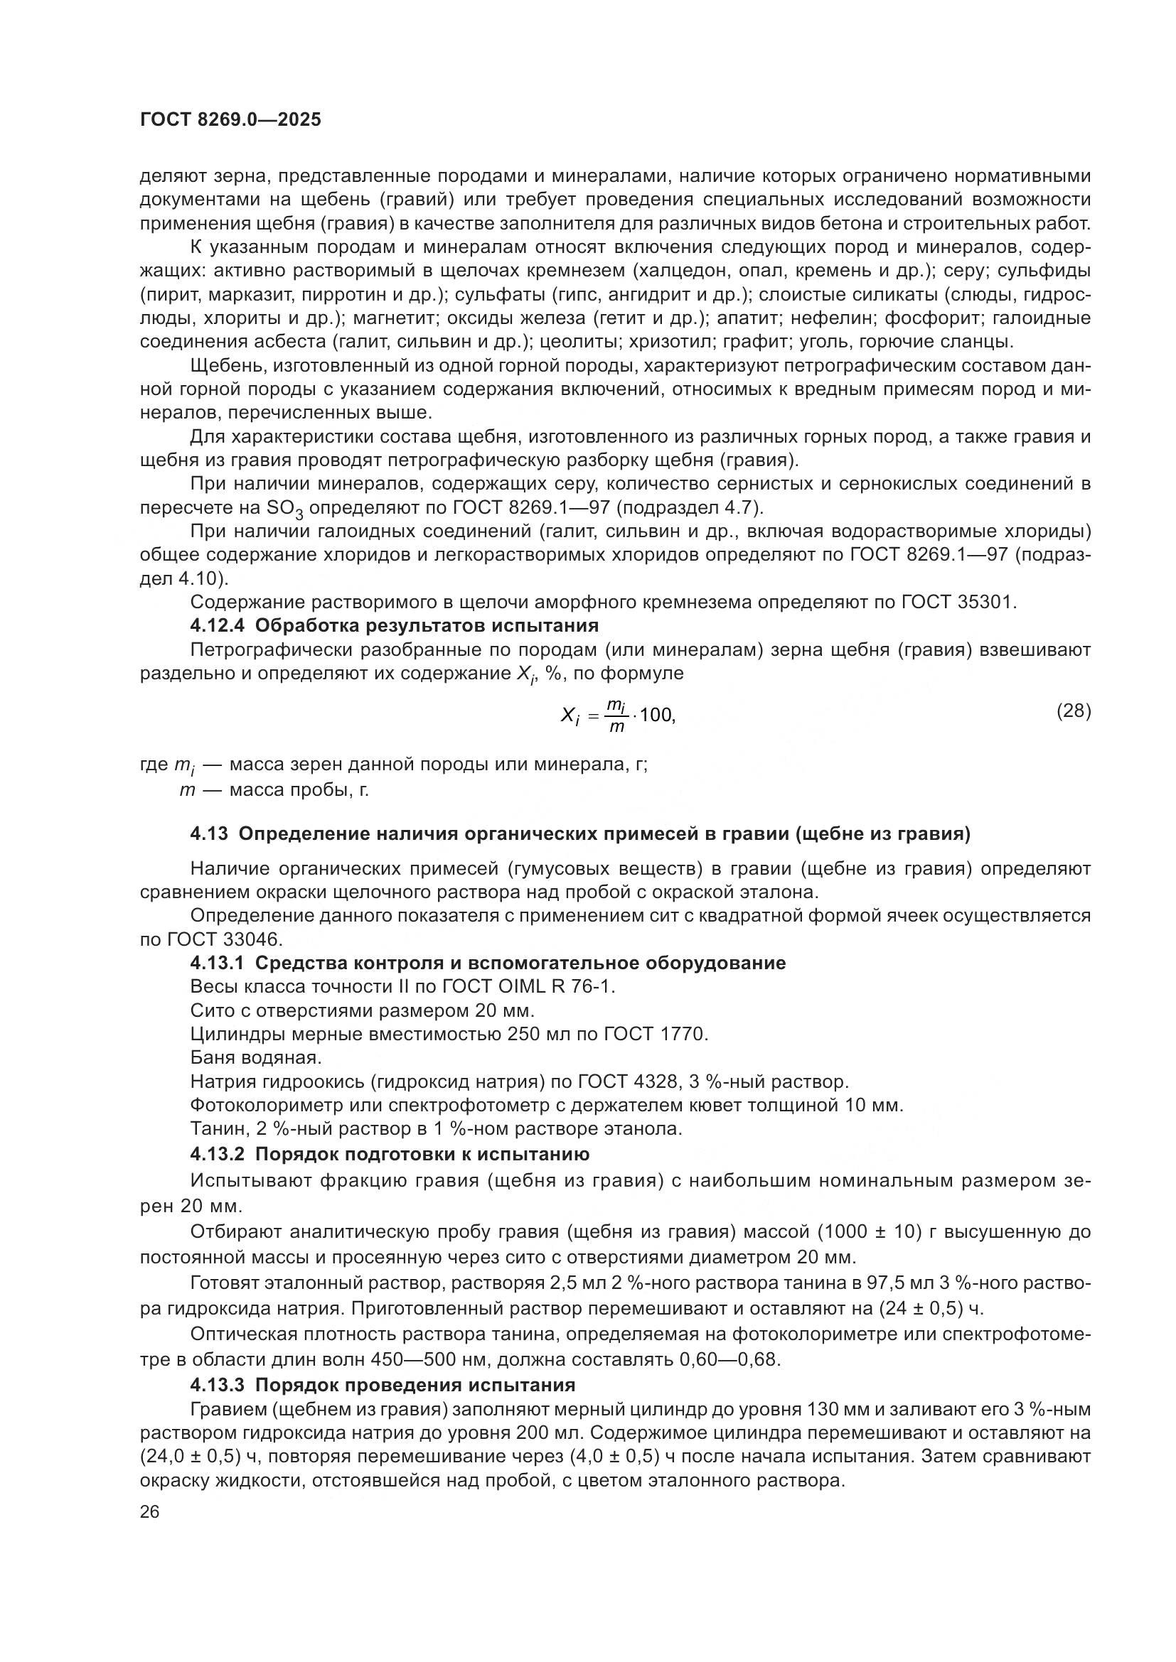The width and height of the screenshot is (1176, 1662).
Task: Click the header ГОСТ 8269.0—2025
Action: pyautogui.click(x=230, y=120)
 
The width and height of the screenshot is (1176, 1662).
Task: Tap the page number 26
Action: pyautogui.click(x=150, y=1511)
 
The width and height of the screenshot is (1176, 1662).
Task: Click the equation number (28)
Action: pyautogui.click(x=1073, y=710)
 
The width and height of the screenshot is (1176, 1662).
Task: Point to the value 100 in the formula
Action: pyautogui.click(x=657, y=716)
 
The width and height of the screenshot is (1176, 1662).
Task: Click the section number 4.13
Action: pyautogui.click(x=209, y=834)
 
